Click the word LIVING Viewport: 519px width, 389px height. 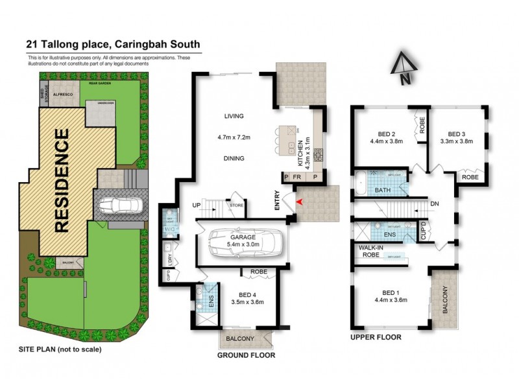pyautogui.click(x=234, y=117)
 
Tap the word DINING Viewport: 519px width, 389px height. pyautogui.click(x=234, y=158)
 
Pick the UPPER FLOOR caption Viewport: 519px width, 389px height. pyautogui.click(x=376, y=337)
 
